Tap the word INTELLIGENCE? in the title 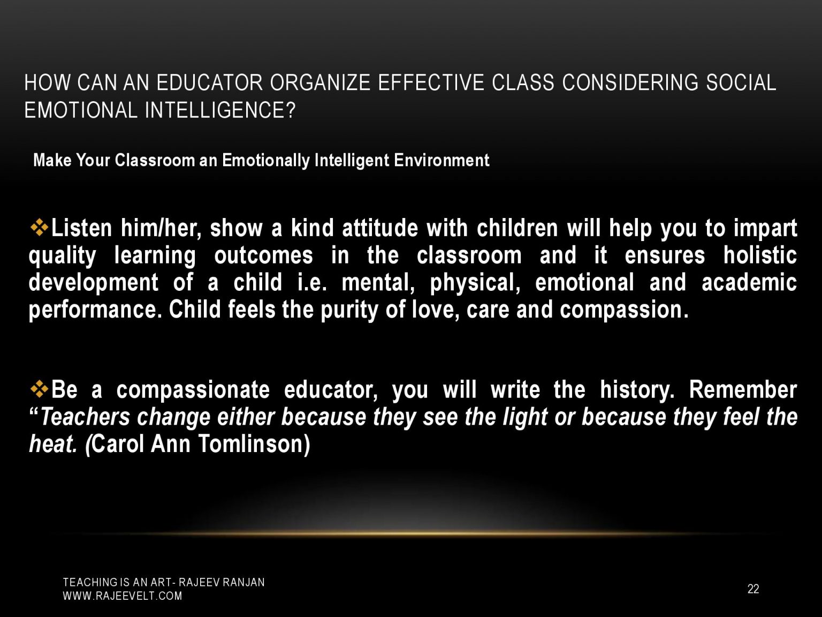(220, 110)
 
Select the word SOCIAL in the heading (741, 82)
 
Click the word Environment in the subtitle (442, 160)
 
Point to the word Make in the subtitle (52, 160)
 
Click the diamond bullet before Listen (39, 228)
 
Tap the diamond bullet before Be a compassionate (39, 389)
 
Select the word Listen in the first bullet (81, 229)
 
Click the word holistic (759, 255)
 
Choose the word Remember (743, 390)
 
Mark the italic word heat (53, 444)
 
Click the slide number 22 (753, 589)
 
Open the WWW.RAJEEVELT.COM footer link (123, 596)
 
